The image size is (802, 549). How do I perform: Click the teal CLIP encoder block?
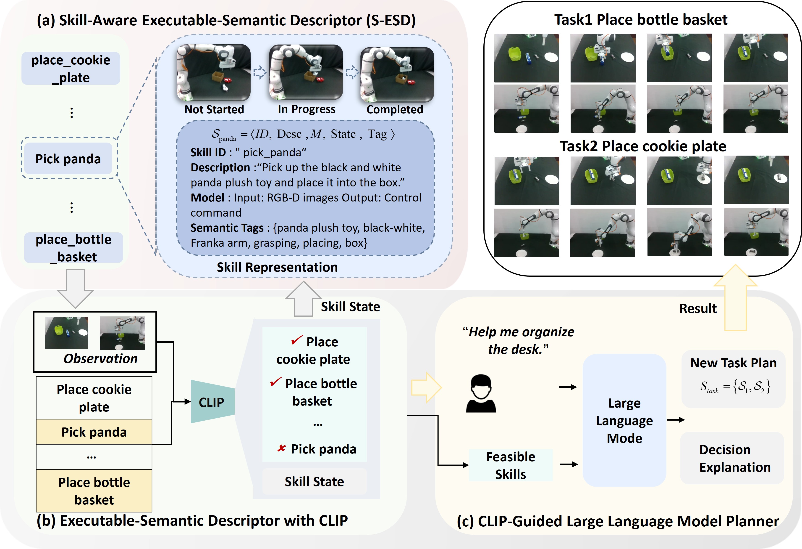(212, 402)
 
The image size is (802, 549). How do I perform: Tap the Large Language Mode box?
(624, 420)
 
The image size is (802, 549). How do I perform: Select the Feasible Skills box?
(510, 465)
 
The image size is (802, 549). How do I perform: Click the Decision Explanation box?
(732, 458)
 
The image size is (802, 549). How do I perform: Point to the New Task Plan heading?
(733, 363)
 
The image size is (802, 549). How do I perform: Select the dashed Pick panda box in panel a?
(69, 159)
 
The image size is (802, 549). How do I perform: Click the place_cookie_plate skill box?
(71, 68)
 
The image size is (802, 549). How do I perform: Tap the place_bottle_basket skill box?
(73, 248)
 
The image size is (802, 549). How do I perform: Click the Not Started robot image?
(214, 73)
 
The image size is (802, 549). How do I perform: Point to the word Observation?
(100, 359)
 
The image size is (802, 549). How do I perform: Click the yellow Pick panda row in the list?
(94, 432)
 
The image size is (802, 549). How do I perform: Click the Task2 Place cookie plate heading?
(642, 146)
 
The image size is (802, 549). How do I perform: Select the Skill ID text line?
(248, 152)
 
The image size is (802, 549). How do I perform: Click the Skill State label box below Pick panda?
(314, 481)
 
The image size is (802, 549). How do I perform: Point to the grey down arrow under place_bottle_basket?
(75, 289)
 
